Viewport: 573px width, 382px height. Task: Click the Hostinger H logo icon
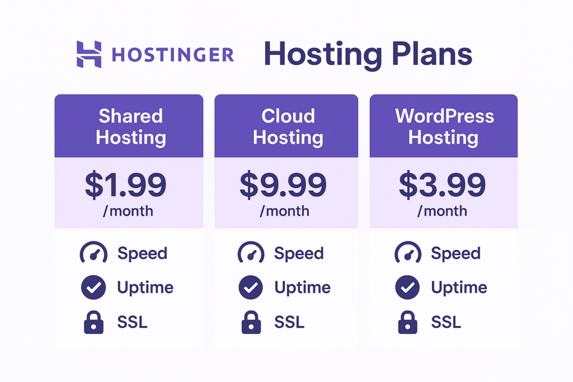pos(89,54)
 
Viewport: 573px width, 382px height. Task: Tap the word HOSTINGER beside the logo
pos(173,55)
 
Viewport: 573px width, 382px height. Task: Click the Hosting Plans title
pos(368,54)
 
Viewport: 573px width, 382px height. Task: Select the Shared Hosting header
pos(130,126)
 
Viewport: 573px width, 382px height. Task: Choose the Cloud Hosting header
pos(288,126)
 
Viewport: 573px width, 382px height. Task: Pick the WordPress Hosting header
pos(444,126)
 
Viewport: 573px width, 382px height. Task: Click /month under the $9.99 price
pos(284,211)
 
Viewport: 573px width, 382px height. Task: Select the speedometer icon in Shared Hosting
pos(93,253)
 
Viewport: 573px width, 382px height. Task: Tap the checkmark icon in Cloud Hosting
pos(250,288)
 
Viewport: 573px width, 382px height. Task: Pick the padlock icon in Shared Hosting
pos(93,323)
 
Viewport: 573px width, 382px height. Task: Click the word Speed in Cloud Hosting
pos(299,253)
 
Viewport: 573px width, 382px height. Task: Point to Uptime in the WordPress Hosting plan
pos(459,288)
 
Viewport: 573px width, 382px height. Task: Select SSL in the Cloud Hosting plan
pos(289,322)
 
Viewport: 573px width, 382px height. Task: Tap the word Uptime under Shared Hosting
pos(145,288)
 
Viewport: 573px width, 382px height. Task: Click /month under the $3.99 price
pos(442,211)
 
